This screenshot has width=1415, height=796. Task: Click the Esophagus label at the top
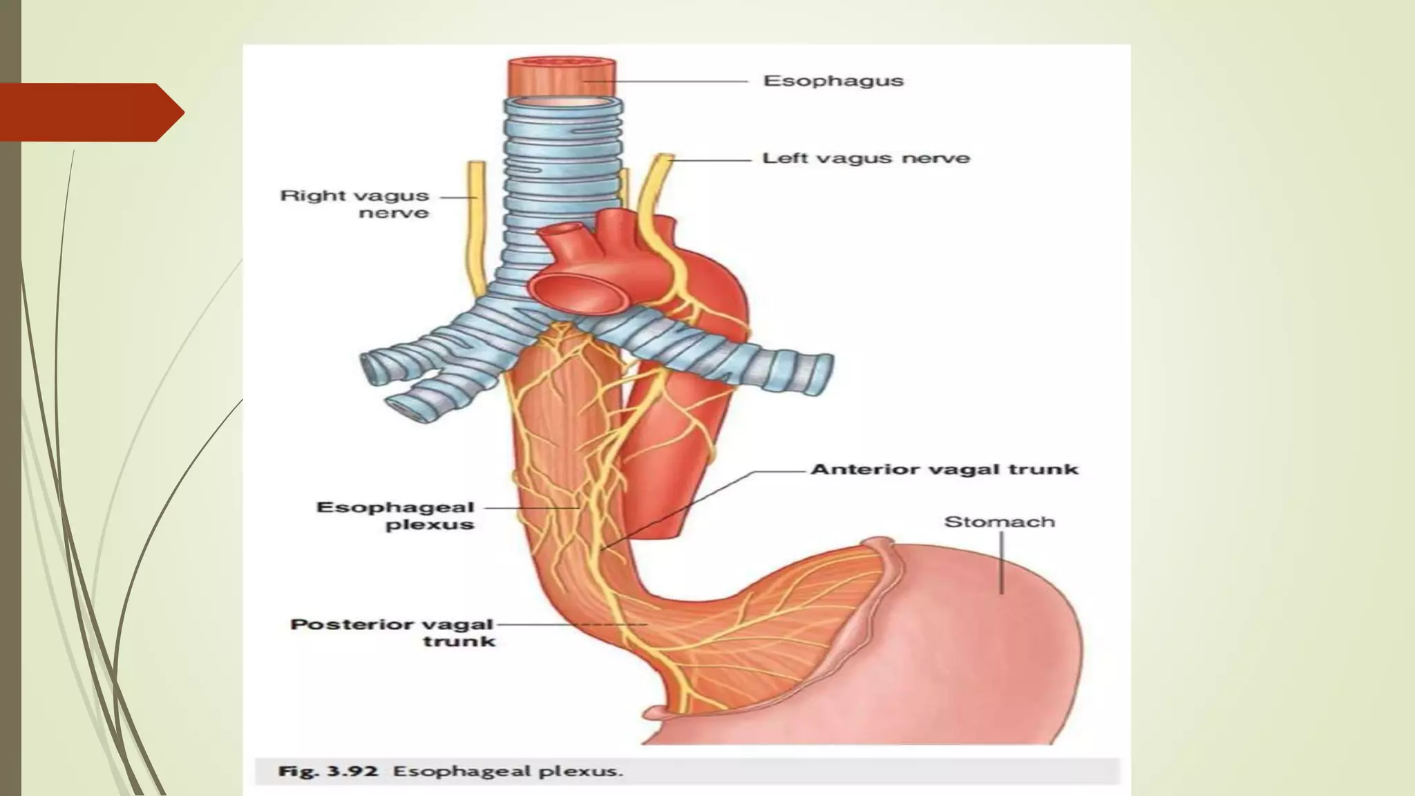click(x=833, y=81)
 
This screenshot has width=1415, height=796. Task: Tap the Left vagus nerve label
click(x=866, y=158)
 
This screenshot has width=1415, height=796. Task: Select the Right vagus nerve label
click(x=355, y=204)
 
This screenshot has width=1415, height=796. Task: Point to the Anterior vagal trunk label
click(x=944, y=470)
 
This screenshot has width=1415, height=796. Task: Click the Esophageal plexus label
click(x=396, y=515)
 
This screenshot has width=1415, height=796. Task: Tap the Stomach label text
click(x=999, y=522)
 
